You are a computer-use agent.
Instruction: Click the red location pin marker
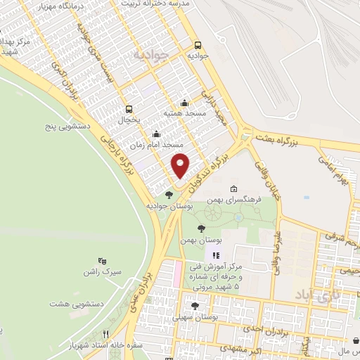point(181,165)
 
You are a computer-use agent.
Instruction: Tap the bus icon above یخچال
point(129,109)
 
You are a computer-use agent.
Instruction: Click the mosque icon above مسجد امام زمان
point(156,134)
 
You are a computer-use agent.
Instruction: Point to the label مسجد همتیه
point(184,113)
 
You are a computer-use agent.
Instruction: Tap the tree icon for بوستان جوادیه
point(168,195)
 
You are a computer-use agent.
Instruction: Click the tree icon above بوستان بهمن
point(202,229)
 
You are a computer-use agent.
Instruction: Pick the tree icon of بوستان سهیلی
point(195,306)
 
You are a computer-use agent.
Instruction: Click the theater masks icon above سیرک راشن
point(105,261)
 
